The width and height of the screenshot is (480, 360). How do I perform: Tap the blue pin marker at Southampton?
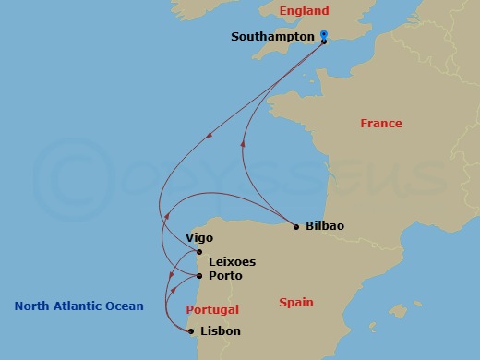pyautogui.click(x=324, y=35)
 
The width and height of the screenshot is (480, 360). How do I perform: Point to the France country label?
pyautogui.click(x=381, y=123)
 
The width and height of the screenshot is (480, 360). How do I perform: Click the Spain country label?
pyautogui.click(x=297, y=302)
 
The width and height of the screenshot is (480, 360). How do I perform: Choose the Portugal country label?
pyautogui.click(x=212, y=310)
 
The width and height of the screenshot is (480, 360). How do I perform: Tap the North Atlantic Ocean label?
pyautogui.click(x=79, y=306)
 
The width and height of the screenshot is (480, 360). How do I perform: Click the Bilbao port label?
pyautogui.click(x=326, y=226)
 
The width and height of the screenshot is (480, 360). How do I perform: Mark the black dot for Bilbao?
pyautogui.click(x=295, y=226)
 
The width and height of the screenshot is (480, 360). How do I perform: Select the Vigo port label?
pyautogui.click(x=199, y=237)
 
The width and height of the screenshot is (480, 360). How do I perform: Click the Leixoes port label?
pyautogui.click(x=233, y=261)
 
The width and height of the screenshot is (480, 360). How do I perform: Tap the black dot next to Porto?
pyautogui.click(x=200, y=275)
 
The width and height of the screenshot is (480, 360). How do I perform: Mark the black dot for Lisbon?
pyautogui.click(x=191, y=330)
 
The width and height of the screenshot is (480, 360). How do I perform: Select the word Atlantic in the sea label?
pyautogui.click(x=78, y=306)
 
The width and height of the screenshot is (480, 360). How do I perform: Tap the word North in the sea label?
pyautogui.click(x=31, y=306)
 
